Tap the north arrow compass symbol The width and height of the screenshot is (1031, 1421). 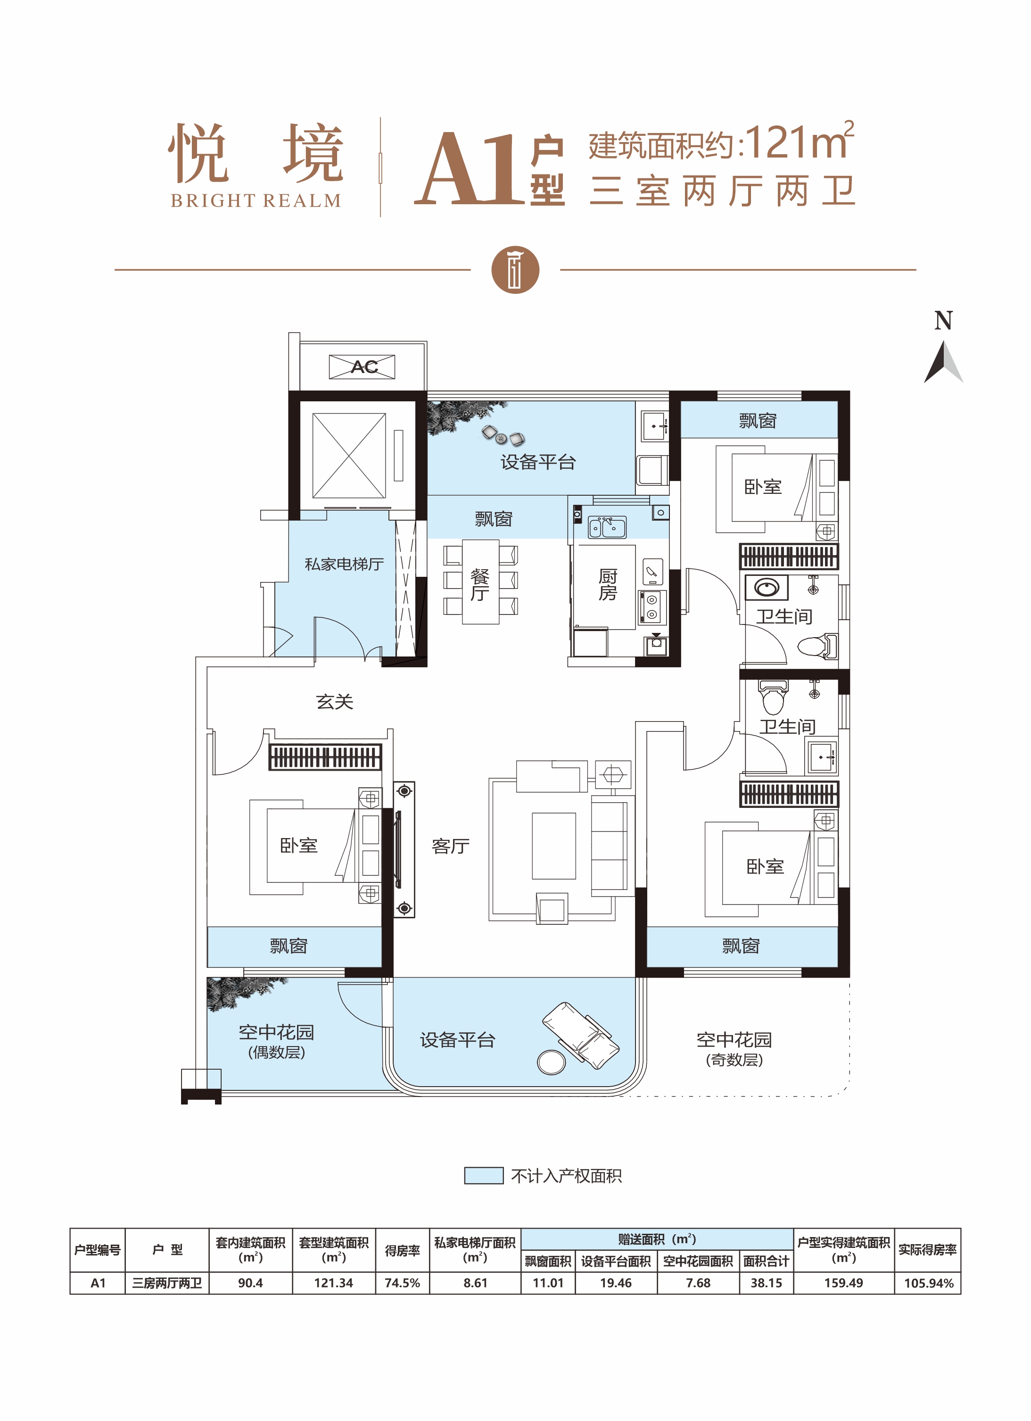tap(943, 362)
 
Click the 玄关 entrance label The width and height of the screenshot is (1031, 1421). tap(335, 702)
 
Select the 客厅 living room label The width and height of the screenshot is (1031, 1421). tap(450, 847)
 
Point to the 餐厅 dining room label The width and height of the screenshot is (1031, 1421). tap(480, 584)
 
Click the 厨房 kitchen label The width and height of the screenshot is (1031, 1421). tap(608, 584)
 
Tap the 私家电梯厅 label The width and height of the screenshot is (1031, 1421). tap(344, 564)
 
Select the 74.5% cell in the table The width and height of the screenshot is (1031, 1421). tap(402, 1282)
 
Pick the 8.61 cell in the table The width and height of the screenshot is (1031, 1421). tap(475, 1282)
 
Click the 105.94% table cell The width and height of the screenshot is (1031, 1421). tap(928, 1282)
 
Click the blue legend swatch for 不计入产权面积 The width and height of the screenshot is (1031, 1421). tap(484, 1175)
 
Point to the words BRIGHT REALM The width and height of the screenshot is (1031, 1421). tap(256, 200)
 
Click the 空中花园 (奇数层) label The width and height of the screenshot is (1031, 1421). tap(734, 1049)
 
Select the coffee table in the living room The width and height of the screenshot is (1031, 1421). tap(554, 846)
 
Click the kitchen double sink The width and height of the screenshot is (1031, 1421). tap(606, 528)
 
